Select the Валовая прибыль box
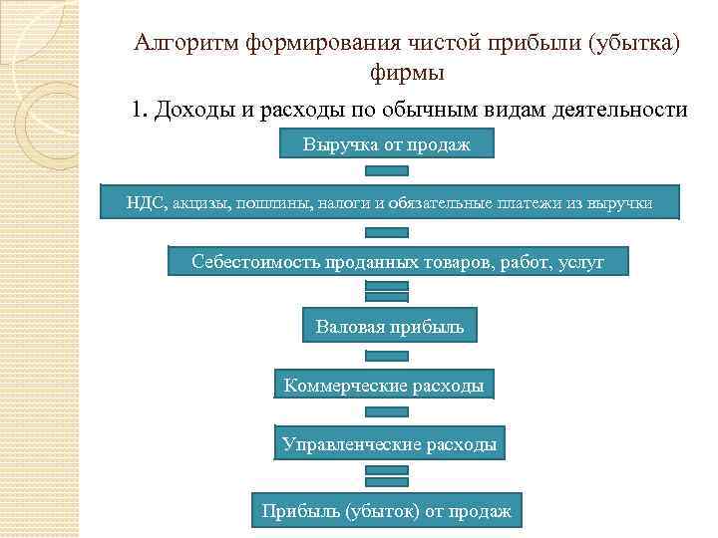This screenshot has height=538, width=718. [389, 327]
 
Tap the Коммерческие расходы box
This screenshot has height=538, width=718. [384, 385]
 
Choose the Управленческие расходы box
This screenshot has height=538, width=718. [389, 444]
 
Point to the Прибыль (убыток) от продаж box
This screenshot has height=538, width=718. [386, 511]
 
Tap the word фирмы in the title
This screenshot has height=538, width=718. [406, 73]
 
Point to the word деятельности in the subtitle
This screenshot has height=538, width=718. [625, 109]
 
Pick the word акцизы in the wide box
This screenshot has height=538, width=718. [198, 203]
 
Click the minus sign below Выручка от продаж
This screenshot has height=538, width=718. [388, 171]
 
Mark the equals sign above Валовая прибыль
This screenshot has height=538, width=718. [388, 291]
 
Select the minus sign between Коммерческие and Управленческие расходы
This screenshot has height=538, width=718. [388, 412]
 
